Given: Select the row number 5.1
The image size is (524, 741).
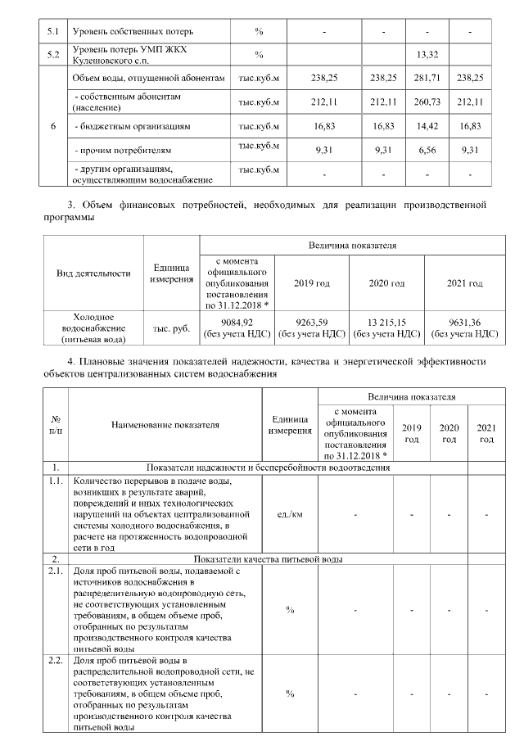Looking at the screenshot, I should tap(54, 32).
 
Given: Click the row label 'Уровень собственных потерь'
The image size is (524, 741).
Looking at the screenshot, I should tap(133, 32).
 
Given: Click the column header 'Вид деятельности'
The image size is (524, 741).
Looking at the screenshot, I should tap(93, 273).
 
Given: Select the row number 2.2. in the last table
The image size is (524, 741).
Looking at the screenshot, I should tap(56, 660).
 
